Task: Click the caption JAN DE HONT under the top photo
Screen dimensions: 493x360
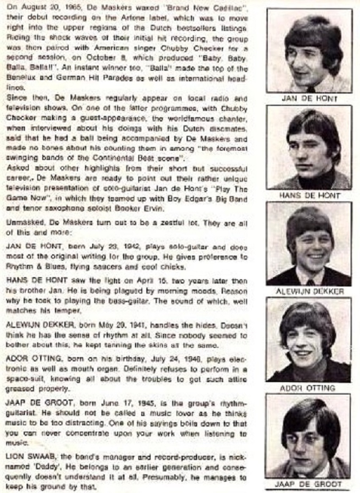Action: coord(309,98)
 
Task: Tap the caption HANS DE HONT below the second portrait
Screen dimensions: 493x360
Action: coord(309,195)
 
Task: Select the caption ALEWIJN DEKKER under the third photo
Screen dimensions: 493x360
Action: coord(309,292)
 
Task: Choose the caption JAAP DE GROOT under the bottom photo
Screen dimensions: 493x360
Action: coord(308,484)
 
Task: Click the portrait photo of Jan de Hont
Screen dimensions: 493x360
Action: coord(309,51)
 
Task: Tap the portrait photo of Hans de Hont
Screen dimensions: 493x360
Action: coord(309,147)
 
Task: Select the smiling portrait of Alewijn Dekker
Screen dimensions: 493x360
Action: coord(309,244)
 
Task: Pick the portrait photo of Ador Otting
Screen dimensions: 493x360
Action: coord(309,340)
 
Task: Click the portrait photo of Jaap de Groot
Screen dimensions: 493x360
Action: coord(308,436)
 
